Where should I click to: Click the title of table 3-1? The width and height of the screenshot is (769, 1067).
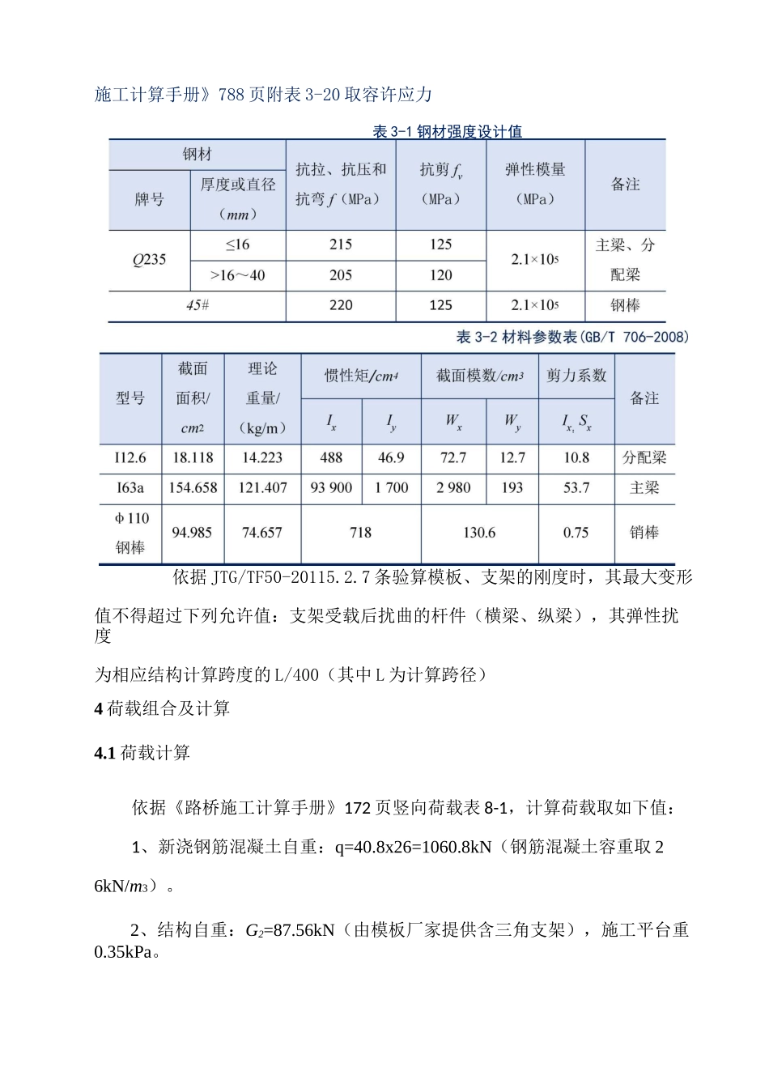(x=447, y=131)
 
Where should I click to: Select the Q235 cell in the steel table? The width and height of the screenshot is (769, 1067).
(x=149, y=260)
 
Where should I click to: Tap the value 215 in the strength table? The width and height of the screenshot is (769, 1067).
(x=341, y=244)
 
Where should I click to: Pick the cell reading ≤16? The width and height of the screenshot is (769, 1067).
(x=237, y=244)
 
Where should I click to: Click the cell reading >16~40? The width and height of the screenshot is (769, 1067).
(x=237, y=275)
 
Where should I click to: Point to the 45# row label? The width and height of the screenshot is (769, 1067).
(x=198, y=305)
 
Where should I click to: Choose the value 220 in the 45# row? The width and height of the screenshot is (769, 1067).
(x=341, y=305)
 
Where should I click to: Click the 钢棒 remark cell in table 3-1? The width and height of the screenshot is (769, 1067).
(x=625, y=305)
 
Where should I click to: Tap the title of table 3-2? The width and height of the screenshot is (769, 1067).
(x=572, y=337)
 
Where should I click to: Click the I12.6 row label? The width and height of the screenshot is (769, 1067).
(x=130, y=457)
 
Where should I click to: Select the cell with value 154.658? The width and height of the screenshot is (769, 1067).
(x=193, y=487)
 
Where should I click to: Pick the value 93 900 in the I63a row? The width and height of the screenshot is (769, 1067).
(x=331, y=487)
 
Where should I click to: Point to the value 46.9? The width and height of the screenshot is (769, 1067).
(x=391, y=457)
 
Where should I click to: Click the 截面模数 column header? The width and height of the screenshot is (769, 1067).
(x=479, y=376)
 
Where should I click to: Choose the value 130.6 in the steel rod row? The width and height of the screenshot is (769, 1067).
(x=479, y=533)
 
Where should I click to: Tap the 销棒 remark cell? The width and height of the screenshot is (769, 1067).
(x=644, y=533)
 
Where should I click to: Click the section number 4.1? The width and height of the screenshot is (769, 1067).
(x=105, y=753)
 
